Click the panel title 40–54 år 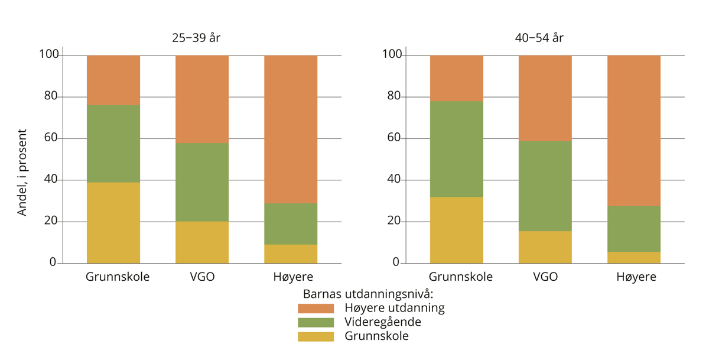pos(539,38)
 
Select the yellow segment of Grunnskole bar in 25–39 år pos(113,223)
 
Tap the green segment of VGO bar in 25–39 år pos(202,182)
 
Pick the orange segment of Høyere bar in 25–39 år pos(291,129)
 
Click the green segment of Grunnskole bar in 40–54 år pos(457,149)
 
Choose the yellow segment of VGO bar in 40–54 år pos(545,247)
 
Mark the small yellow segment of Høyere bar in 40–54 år pos(634,258)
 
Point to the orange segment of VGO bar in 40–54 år pos(545,98)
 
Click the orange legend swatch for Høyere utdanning pos(316,308)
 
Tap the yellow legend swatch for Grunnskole pos(316,336)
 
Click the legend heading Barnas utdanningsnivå pos(369,294)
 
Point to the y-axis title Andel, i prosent pos(22,172)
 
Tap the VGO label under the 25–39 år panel pos(202,277)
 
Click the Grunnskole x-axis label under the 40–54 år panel pos(461,277)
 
